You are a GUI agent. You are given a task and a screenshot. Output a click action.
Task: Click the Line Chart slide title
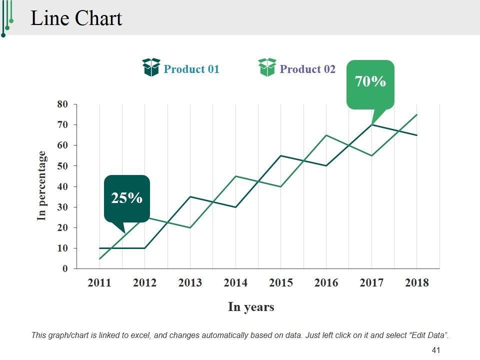76,18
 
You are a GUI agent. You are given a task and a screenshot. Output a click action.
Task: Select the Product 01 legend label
191,69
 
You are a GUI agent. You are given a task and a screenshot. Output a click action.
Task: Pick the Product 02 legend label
307,69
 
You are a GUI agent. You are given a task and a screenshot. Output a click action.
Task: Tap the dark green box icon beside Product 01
151,67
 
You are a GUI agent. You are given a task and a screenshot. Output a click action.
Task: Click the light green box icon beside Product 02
267,67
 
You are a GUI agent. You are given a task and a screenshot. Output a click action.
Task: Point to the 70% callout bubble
370,82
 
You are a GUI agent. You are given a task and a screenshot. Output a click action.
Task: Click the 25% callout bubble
127,198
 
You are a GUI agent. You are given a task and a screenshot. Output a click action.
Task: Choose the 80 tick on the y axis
62,104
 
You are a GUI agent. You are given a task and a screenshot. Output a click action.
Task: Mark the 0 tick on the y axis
64,269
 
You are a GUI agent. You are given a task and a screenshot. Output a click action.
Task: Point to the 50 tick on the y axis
62,166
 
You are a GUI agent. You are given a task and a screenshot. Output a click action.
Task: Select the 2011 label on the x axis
99,283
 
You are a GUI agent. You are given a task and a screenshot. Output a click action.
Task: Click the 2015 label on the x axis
281,283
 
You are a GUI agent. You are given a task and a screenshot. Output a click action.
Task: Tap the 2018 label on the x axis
417,283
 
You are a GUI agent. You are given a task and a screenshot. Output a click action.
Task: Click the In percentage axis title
42,185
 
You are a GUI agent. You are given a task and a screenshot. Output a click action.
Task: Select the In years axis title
251,306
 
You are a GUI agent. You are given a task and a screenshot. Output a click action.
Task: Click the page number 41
435,350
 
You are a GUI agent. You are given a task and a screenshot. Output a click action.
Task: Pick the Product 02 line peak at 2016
326,135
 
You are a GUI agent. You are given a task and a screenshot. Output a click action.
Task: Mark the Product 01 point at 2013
190,196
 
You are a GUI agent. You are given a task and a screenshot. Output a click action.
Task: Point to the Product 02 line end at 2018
417,114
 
